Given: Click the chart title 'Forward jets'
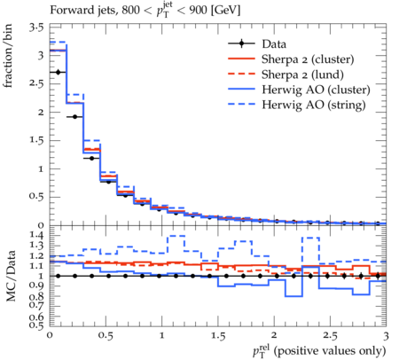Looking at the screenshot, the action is [82, 10].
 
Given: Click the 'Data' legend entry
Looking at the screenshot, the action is [274, 44].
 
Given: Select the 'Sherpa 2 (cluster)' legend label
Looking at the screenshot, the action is [308, 59].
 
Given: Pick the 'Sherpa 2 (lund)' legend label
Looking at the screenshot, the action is [302, 74].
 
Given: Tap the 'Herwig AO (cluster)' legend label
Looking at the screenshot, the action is [316, 90].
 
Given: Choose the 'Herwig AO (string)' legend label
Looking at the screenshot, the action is [314, 105].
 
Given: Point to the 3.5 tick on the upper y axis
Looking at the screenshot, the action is [36, 27].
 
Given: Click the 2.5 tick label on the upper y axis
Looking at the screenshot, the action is [36, 83].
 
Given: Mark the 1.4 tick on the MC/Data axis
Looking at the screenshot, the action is [36, 236].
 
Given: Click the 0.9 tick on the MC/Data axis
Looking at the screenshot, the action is [36, 286].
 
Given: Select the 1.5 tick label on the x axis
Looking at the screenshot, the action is [218, 336].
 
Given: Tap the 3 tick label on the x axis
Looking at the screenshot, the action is [386, 336].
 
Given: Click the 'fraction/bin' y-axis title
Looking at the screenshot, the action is [8, 56].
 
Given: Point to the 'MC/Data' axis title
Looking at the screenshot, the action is [11, 276].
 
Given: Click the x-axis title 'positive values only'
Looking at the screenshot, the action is [329, 351].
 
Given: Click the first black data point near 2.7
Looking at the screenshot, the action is [58, 72].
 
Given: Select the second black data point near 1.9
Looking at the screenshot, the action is [74, 117].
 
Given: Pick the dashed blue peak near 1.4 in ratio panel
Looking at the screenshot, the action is [176, 236].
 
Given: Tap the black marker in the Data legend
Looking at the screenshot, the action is [241, 43].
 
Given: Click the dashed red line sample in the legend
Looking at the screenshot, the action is [241, 74].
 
